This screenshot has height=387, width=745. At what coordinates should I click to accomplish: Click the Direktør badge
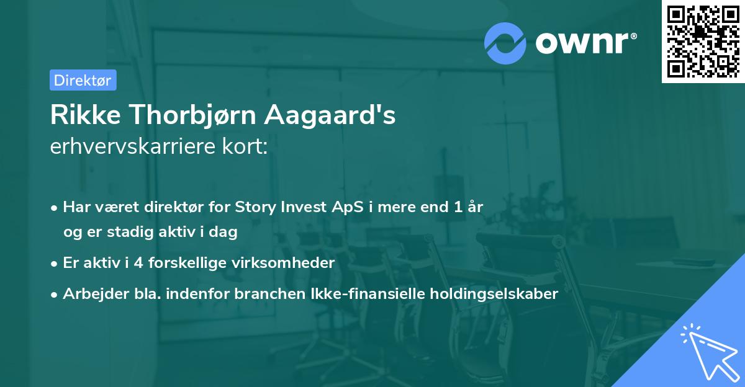coord(83,80)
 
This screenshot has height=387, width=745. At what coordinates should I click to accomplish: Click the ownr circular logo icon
coord(505,43)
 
